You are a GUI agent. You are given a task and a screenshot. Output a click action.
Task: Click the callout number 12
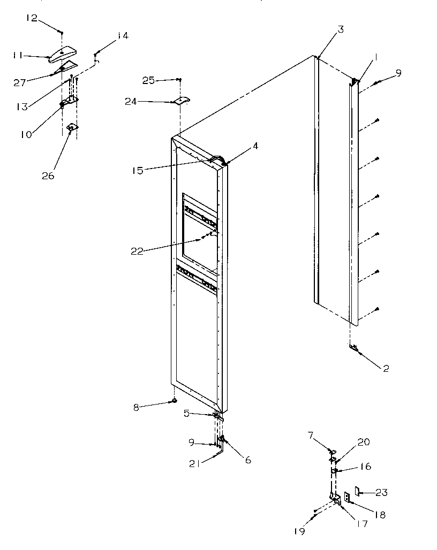click(32, 19)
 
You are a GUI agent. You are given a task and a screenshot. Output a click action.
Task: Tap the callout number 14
click(122, 36)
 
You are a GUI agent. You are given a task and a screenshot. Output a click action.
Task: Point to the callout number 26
click(48, 175)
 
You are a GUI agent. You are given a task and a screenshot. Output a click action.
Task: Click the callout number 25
click(148, 80)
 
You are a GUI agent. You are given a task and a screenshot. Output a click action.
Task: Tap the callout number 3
click(341, 30)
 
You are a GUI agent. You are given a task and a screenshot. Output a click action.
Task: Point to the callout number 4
click(255, 146)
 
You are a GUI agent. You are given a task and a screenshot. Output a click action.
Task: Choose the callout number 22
click(137, 251)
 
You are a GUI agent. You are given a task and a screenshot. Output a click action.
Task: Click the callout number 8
click(136, 408)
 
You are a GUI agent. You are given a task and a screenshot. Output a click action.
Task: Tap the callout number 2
click(386, 368)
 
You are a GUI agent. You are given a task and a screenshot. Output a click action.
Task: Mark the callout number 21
click(195, 464)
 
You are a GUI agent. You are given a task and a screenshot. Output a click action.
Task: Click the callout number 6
click(248, 460)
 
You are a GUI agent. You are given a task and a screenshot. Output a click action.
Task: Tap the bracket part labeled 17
click(336, 500)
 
